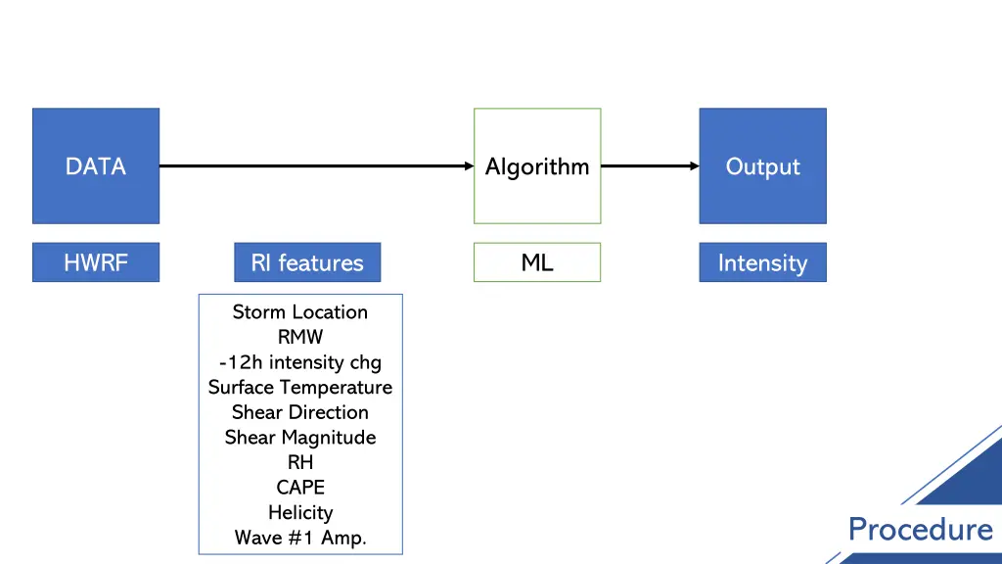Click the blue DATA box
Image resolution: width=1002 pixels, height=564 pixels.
coord(96,166)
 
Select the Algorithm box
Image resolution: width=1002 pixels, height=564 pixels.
coord(537,166)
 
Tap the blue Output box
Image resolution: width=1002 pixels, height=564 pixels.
coord(762,166)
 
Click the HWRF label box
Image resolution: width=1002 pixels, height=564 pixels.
coord(96,262)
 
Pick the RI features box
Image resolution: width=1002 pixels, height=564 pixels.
coord(307,262)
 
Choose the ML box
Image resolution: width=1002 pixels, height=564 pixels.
coord(537,262)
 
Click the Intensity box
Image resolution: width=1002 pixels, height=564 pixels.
coord(762,262)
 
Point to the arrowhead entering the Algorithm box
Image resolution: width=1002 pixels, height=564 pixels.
coord(468,166)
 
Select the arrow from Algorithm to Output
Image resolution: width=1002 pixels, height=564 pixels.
coord(649,166)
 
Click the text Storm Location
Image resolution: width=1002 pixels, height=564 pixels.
coord(300,312)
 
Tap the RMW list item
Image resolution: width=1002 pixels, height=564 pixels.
coord(300,337)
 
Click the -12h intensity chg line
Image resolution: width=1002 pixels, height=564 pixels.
coord(300,362)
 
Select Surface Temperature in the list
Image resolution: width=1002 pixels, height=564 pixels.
coord(300,387)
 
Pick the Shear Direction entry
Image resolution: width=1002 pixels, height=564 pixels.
coord(300,412)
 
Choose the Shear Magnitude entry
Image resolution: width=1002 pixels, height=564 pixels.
coord(300,437)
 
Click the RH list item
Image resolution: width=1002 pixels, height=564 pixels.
coord(300,462)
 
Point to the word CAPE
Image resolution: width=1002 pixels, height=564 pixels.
coord(300,487)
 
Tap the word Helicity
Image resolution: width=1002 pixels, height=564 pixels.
coord(300,512)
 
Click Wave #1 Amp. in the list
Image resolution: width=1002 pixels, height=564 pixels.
coord(300,538)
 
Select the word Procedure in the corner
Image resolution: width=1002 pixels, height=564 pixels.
coord(920,530)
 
